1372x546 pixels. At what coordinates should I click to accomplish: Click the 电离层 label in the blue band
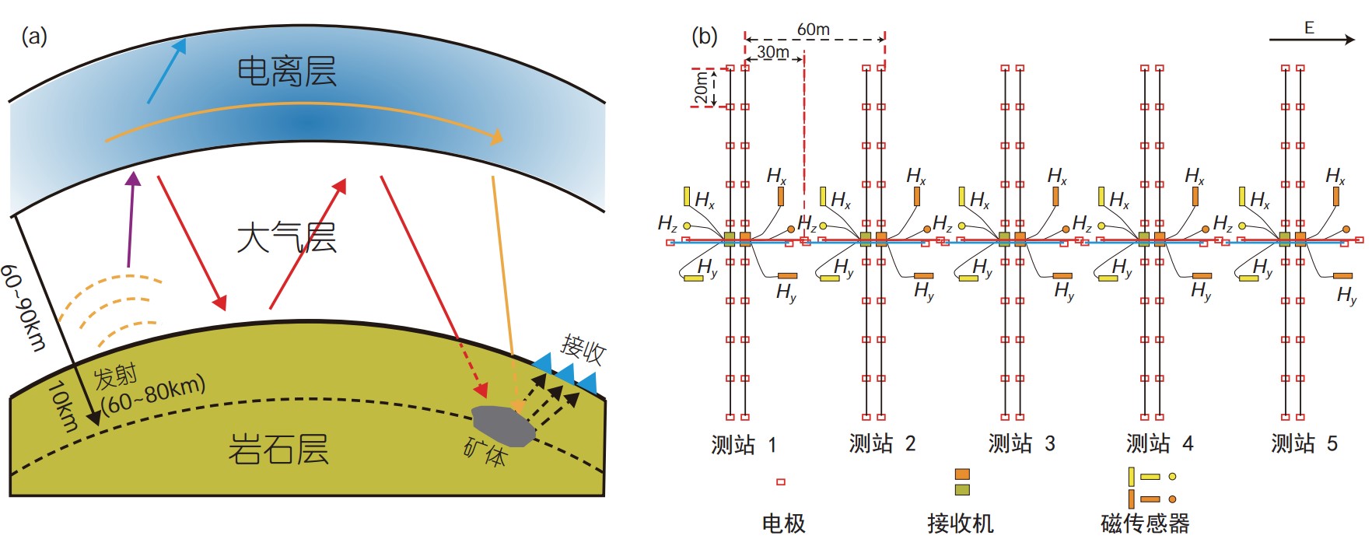pos(286,72)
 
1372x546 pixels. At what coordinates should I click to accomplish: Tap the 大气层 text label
pos(286,237)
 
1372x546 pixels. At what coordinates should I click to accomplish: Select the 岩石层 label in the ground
pos(278,450)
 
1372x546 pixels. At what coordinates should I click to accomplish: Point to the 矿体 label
pos(485,452)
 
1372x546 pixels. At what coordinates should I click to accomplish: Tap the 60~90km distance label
pos(23,307)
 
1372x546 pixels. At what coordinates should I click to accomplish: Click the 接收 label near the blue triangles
pos(583,349)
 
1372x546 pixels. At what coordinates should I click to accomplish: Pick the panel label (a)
pos(34,37)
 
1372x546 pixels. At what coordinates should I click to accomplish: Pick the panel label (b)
pos(705,37)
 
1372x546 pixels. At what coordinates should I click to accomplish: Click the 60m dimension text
pos(813,30)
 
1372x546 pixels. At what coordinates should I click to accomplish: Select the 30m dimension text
pos(773,52)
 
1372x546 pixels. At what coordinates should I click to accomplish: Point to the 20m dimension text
pos(702,88)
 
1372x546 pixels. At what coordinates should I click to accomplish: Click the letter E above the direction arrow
pos(1309,28)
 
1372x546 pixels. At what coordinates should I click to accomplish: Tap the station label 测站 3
pos(1021,444)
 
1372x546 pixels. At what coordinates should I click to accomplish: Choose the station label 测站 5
pos(1304,444)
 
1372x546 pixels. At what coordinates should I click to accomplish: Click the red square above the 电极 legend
pos(781,482)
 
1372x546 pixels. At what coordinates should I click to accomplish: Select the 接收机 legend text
pos(961,523)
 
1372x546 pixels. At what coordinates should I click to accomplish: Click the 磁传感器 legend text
pos(1145,523)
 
